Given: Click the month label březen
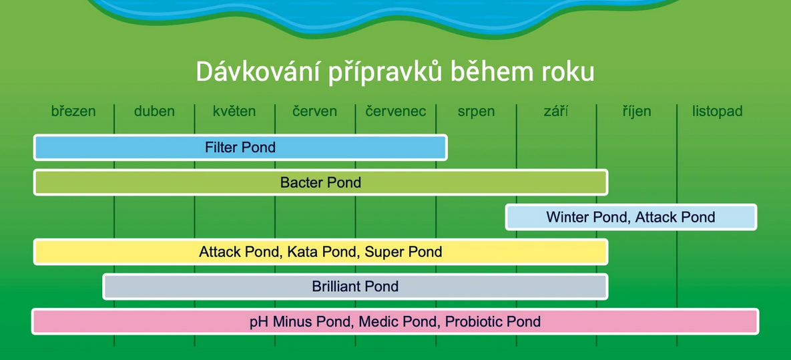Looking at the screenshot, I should tap(73, 112).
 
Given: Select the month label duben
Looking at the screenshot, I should tap(154, 112).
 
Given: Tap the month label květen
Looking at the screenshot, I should tap(234, 112).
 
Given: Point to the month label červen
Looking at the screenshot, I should tap(314, 112).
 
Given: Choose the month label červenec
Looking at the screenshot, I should tap(396, 112).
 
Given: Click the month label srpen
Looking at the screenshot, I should tap(476, 112).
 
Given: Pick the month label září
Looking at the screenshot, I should tap(556, 112).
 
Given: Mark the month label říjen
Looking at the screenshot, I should tap(637, 112).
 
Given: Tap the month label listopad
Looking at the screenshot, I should tap(717, 112).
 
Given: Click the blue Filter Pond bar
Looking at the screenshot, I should tap(240, 148).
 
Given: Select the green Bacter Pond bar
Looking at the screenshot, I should tap(320, 182).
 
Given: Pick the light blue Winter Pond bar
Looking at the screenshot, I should tap(631, 217).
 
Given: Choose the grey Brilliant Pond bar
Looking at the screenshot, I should tap(355, 287).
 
